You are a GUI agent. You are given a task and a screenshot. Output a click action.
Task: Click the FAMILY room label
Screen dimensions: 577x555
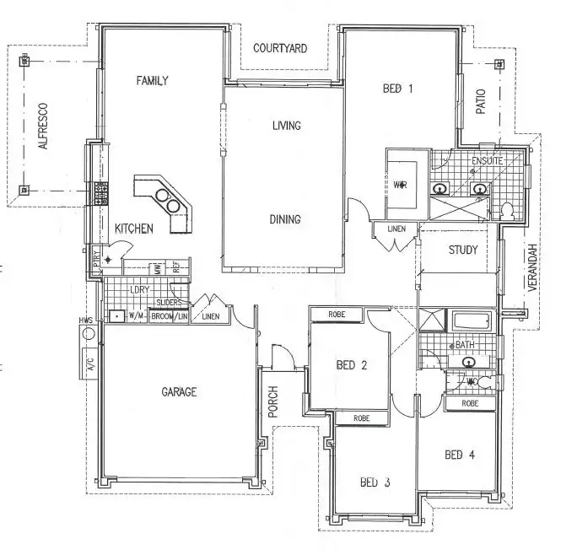coord(153,81)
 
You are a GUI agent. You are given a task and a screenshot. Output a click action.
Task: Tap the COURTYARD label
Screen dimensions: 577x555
coord(280,48)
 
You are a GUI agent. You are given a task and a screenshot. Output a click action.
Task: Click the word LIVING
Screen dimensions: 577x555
coord(287,127)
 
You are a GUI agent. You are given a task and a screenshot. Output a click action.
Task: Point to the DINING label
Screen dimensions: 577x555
coord(285,219)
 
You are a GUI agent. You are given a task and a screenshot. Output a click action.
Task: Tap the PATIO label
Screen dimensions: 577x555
coord(482,102)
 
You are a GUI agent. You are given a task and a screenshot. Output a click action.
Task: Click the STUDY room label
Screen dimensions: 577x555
coord(463,250)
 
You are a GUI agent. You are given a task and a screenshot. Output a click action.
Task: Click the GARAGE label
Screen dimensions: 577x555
coord(179,392)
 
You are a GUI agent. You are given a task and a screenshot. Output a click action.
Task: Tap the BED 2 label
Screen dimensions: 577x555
coord(351,365)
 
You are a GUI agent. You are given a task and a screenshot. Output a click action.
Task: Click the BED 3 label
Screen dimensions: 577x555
coord(375,482)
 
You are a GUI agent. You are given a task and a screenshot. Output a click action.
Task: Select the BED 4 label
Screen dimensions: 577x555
coord(460,455)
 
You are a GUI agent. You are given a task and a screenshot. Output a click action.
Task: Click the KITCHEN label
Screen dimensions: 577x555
coord(134,229)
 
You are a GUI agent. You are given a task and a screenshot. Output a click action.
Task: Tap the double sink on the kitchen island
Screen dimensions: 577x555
coord(170,204)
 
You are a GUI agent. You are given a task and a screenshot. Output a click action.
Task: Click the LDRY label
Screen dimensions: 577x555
coord(139,289)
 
